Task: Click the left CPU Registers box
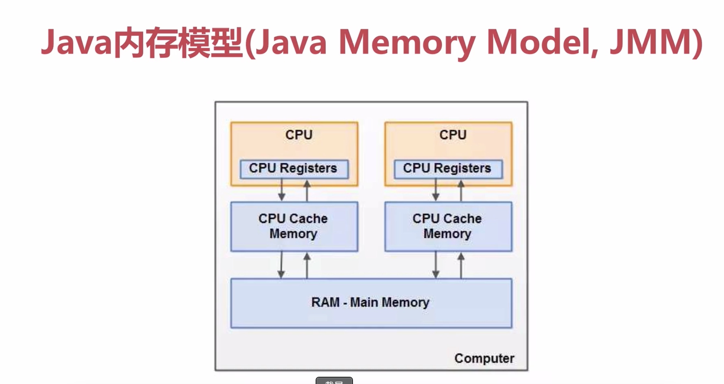tap(294, 169)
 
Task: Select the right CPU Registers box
tap(448, 169)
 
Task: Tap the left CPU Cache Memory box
tap(294, 226)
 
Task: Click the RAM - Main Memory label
tap(370, 303)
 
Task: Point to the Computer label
tap(484, 358)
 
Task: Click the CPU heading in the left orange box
tap(299, 135)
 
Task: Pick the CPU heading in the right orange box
tap(453, 135)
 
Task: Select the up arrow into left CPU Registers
tap(307, 190)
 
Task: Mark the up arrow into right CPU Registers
tap(461, 190)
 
